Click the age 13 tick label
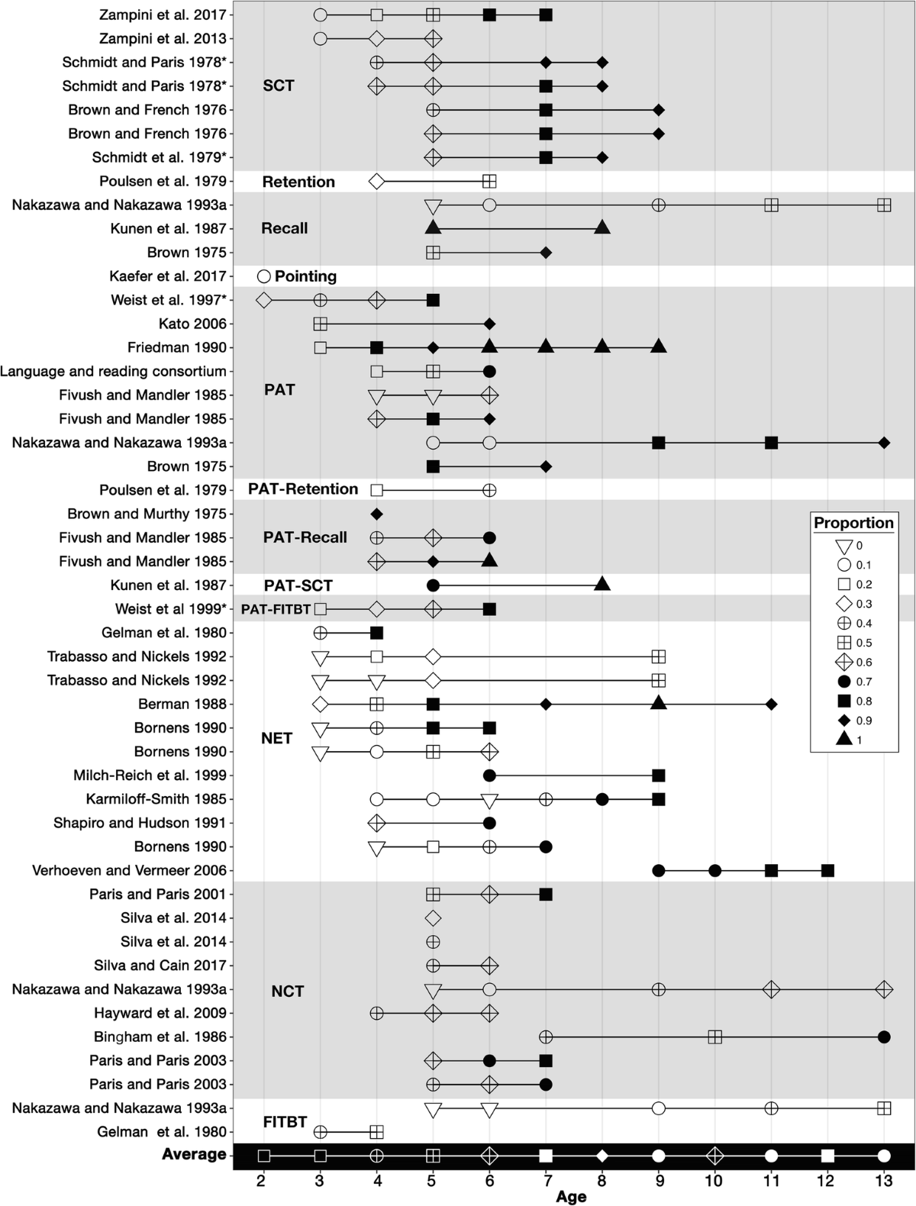[884, 1181]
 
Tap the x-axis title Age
[571, 1196]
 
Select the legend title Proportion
[853, 523]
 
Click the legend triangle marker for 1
[843, 739]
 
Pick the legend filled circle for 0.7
[843, 682]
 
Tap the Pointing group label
[305, 276]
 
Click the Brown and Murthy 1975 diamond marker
[376, 514]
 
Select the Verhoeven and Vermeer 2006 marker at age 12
[827, 870]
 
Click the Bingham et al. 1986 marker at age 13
[884, 1037]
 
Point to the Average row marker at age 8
[602, 1155]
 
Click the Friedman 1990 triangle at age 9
[659, 347]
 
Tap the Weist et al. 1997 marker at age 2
[264, 300]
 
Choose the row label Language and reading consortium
[114, 372]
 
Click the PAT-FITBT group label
[276, 609]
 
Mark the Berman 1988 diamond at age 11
[771, 704]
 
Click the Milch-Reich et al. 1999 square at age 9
[659, 776]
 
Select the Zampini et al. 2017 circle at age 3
[321, 15]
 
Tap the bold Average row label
[194, 1154]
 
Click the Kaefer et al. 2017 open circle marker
[264, 276]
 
